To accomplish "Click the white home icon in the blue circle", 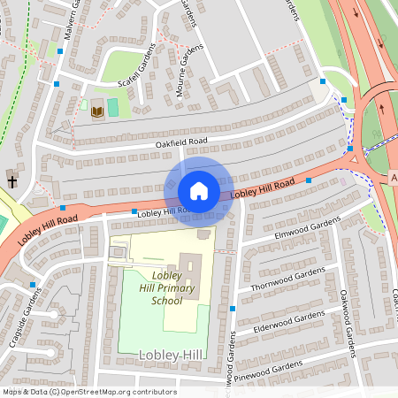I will coord(199,190).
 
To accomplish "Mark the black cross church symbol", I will coord(13,181).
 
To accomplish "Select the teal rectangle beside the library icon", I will coord(112,107).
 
